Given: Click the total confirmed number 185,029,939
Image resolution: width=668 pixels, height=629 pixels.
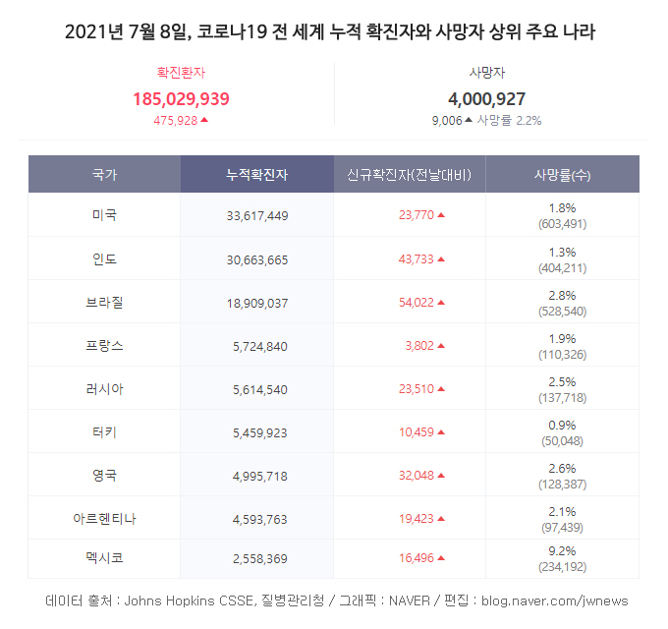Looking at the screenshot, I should coord(181,98).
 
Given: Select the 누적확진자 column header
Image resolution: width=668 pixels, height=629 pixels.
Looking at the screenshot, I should coord(256,175).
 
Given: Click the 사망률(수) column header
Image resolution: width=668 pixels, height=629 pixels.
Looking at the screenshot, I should coord(562,175).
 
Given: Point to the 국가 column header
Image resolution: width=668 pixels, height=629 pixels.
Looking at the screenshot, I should coord(104,175).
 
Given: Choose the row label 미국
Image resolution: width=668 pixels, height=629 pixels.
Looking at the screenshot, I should coord(104,215).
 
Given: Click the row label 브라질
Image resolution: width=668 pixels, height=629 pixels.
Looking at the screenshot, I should coord(104,302).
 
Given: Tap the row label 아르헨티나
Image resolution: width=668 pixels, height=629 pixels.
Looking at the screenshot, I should coord(104,518).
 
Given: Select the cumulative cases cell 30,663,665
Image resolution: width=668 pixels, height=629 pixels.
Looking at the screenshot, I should coord(256,259).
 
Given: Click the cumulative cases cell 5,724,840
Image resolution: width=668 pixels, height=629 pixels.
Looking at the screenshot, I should coord(261,346).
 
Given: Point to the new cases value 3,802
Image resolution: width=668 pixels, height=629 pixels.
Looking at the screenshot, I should coord(418,346).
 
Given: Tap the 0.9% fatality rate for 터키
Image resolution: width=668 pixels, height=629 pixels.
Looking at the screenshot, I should coord(563,424).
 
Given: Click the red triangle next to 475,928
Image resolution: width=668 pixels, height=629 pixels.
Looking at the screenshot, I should coord(204,120).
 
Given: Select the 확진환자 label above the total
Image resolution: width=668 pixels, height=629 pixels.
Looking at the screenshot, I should coord(181,72).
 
